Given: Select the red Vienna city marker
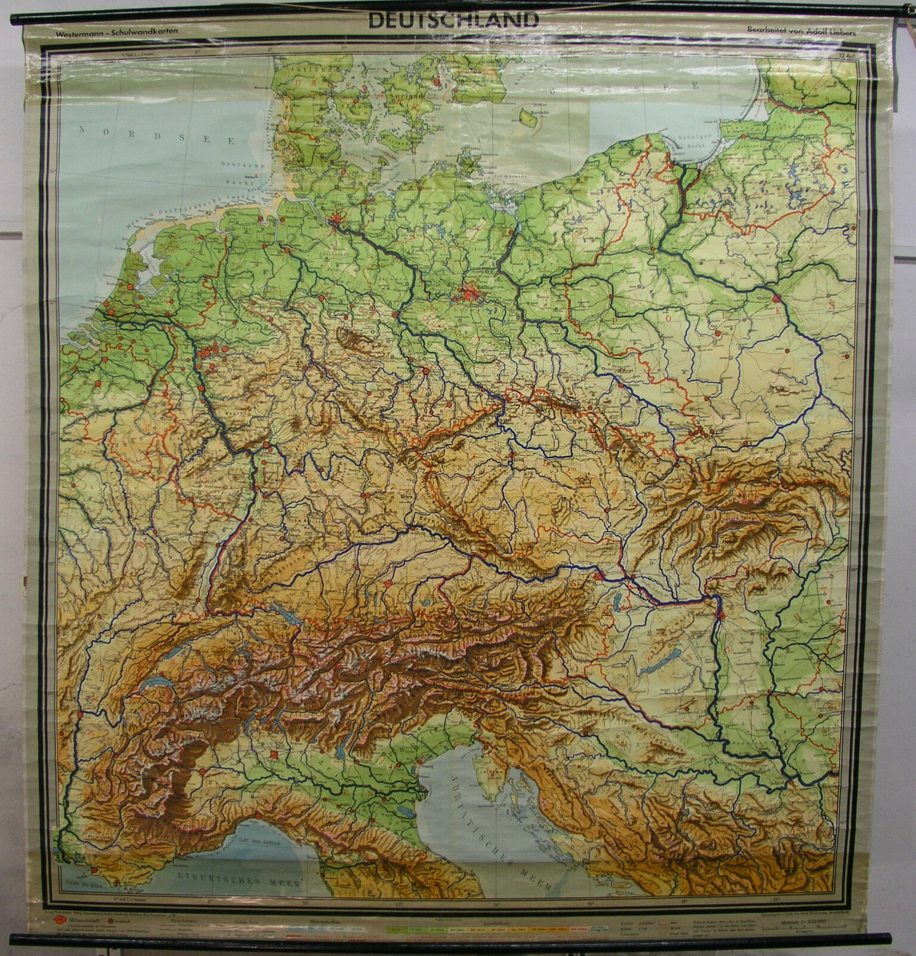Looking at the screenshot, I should (x=603, y=577).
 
